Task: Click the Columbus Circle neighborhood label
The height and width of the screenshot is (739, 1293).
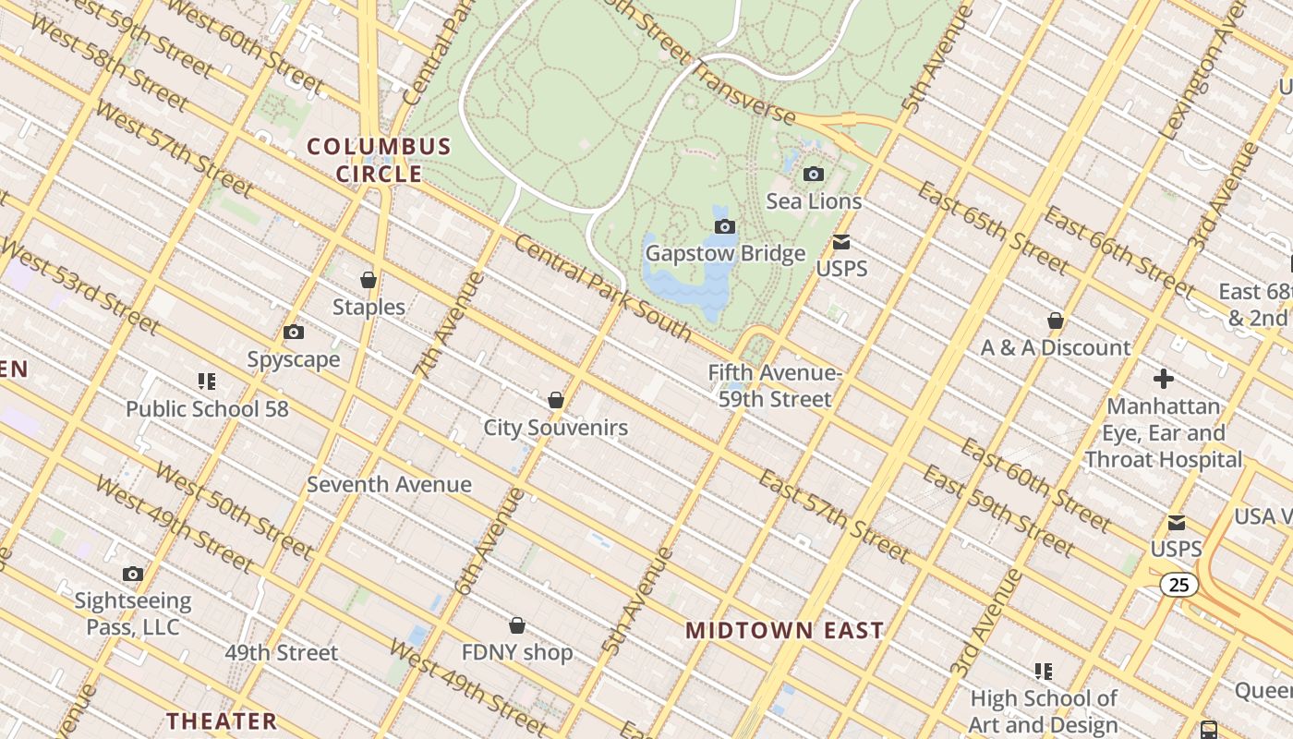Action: coord(379,160)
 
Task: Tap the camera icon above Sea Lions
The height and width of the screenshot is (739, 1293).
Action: coord(814,174)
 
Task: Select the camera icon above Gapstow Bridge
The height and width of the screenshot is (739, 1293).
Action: coord(725,226)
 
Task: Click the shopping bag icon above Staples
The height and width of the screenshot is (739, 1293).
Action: coord(369,280)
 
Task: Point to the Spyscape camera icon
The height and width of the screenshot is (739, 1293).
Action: coord(294,333)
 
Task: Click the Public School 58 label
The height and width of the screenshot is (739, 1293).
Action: coord(207,408)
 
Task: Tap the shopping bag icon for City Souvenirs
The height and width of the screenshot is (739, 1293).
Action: coord(556,400)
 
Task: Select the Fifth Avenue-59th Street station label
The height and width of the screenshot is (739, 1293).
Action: coord(775,386)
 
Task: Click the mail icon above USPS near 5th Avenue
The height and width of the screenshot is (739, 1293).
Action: coord(841,242)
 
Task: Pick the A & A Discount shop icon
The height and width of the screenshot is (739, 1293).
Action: coord(1056,321)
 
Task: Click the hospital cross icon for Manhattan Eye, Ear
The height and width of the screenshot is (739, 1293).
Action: coord(1164,379)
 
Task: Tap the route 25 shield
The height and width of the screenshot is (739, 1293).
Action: coord(1179,585)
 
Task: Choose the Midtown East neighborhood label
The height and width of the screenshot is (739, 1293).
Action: coord(784,631)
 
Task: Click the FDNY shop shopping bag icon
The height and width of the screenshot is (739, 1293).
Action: coord(517,626)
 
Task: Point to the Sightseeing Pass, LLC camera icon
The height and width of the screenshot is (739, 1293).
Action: coord(133,575)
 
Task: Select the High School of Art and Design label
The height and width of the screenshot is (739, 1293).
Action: coord(1044,711)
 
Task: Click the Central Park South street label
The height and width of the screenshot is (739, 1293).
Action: coord(602,288)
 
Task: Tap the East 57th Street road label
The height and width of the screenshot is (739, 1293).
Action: coord(834,515)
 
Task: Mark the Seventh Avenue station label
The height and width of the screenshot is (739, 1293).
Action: coord(389,484)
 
